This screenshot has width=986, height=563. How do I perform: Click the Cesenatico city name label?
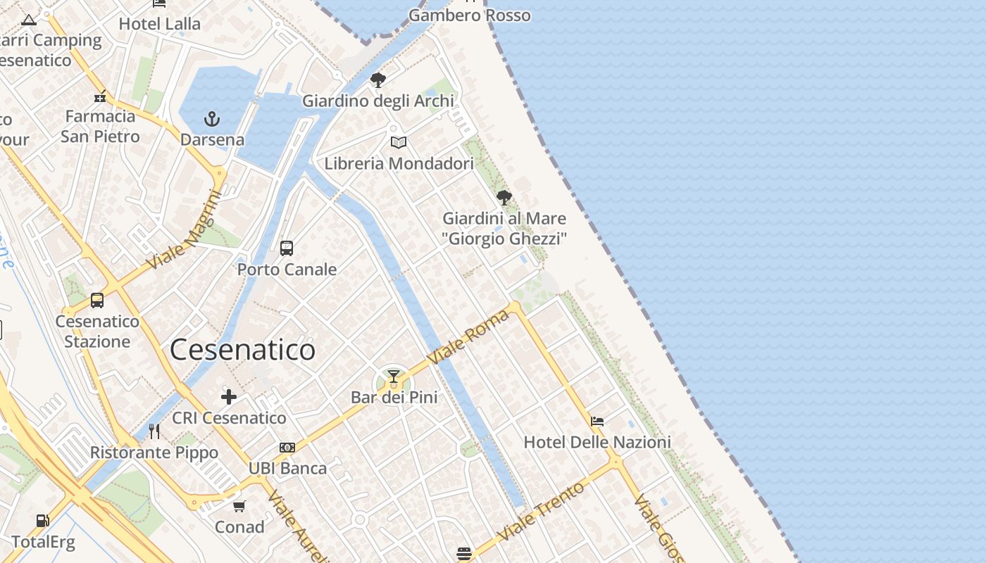coord(242,350)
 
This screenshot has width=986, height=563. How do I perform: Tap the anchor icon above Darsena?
coord(212,118)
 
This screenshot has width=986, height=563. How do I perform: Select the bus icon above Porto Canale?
coord(286,248)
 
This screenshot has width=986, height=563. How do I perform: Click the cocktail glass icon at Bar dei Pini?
coord(394,377)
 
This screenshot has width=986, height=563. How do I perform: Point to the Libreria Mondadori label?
coord(399,164)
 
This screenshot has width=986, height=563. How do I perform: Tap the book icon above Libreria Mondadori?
coord(399,143)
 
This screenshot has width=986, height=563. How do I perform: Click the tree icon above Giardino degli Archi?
coord(378,80)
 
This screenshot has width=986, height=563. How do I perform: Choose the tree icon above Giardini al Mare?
coord(504,197)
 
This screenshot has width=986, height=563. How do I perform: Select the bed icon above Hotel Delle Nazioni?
coord(597,422)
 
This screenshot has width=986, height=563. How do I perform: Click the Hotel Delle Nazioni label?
coord(597,443)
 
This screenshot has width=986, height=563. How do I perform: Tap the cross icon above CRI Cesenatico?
coord(229,397)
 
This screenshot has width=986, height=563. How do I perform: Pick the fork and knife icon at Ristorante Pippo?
coord(154,431)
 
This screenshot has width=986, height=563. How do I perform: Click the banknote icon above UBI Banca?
coord(287,448)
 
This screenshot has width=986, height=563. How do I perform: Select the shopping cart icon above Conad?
coord(239,506)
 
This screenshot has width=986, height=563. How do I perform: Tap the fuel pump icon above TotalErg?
coord(43,521)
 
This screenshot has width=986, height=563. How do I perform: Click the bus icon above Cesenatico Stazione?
coord(97,301)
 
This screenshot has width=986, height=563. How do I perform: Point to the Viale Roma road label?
coord(468,337)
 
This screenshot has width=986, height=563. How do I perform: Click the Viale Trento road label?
coord(540,512)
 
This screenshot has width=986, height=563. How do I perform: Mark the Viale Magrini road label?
coord(184,230)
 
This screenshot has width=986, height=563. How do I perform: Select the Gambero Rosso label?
coord(469,15)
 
